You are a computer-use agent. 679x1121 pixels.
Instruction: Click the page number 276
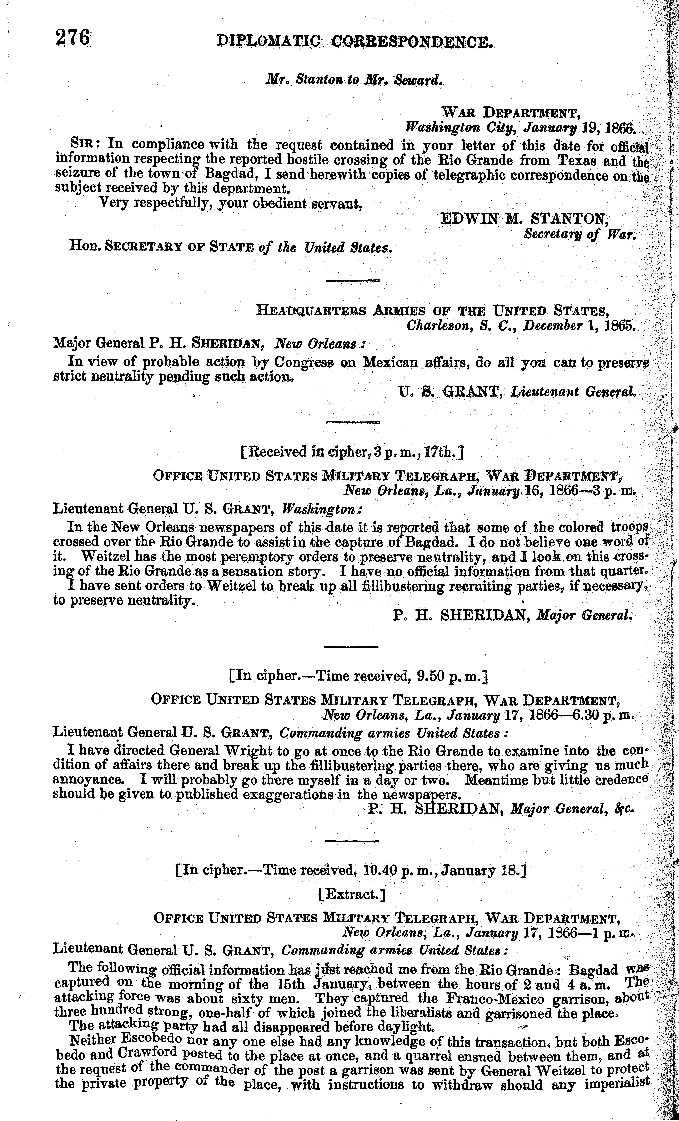(x=73, y=37)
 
